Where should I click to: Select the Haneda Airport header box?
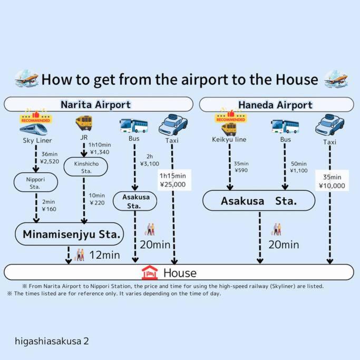point(276,104)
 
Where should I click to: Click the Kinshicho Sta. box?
point(85,168)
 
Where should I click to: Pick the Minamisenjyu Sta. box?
point(69,233)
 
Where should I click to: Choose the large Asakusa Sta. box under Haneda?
point(259,201)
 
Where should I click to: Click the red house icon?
point(150,273)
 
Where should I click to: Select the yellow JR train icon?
point(84,124)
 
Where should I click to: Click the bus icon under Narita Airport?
point(133,125)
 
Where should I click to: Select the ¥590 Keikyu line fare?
point(241,170)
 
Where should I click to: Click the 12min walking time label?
point(105,255)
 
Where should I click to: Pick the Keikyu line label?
point(230,140)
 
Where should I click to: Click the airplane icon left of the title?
point(26,79)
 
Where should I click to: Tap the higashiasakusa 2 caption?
point(52,341)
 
